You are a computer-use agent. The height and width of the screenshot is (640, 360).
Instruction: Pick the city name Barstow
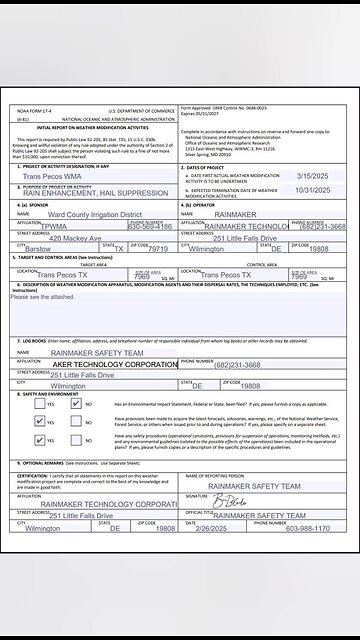click(x=38, y=250)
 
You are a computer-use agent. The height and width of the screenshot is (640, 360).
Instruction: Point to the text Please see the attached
click(x=42, y=296)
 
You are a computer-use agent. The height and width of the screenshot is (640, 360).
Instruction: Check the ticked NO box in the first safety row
click(x=72, y=405)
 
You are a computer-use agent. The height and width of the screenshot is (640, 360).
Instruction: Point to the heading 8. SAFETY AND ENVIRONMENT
click(x=56, y=393)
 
